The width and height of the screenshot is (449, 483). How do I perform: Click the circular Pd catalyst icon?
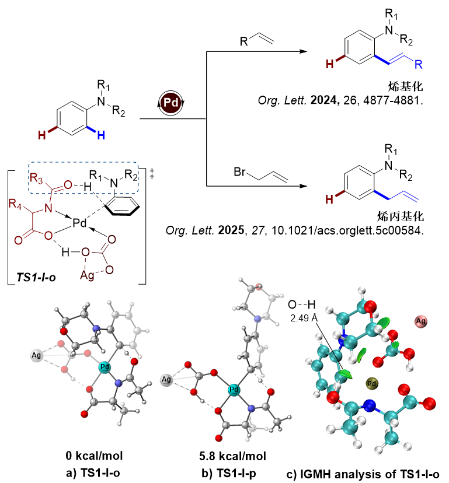coord(171,101)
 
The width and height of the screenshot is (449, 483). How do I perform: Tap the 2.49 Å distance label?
coord(304,318)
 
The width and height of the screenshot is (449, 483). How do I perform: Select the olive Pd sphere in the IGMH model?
coord(372,383)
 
